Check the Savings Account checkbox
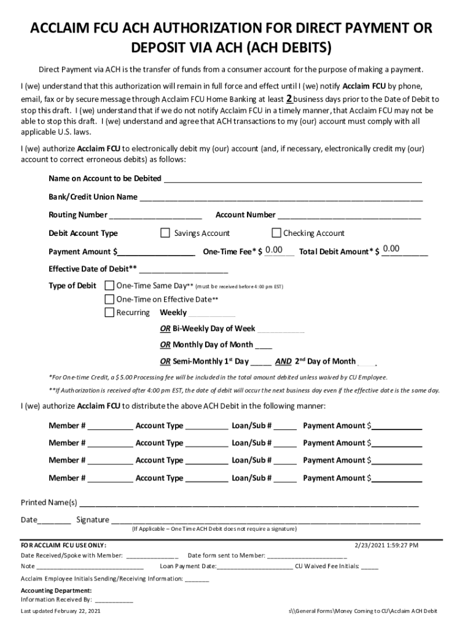tap(165, 233)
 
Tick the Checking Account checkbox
tap(276, 233)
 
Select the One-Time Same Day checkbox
tap(109, 286)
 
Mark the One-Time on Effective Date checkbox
tap(109, 299)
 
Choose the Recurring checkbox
tap(109, 313)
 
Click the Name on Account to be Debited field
tap(292, 179)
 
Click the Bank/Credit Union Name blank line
tap(280, 197)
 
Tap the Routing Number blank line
tap(155, 215)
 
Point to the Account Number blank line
tap(348, 215)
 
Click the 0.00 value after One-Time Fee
tap(274, 249)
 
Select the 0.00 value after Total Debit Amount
tap(391, 249)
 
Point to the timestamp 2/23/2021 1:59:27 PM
tap(387, 545)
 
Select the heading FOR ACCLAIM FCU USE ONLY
tap(63, 545)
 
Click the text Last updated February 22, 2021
tap(61, 612)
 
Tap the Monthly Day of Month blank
tap(264, 345)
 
